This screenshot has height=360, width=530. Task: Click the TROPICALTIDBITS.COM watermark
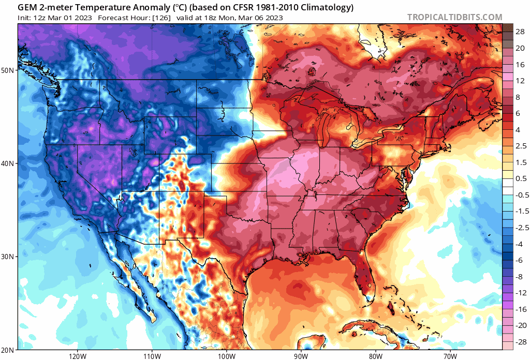(454, 17)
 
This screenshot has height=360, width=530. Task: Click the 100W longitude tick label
(226, 356)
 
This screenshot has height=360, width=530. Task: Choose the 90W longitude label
(301, 356)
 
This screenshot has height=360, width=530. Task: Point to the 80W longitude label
(375, 356)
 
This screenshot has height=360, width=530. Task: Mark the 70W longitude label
(450, 356)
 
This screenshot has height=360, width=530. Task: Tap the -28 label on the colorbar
(519, 342)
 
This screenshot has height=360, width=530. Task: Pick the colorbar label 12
(519, 81)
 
